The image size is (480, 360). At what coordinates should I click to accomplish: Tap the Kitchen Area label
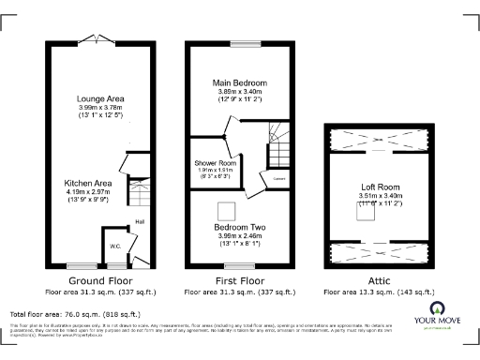tap(90, 184)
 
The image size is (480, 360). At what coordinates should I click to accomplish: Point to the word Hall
tap(139, 221)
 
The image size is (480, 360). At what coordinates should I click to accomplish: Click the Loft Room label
tap(375, 186)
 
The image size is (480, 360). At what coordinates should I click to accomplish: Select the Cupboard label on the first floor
tap(279, 176)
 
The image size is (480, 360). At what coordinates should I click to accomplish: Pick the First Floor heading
tap(239, 279)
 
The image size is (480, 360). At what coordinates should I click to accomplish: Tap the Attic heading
tap(375, 279)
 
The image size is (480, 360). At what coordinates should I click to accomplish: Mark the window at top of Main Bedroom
tap(246, 43)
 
